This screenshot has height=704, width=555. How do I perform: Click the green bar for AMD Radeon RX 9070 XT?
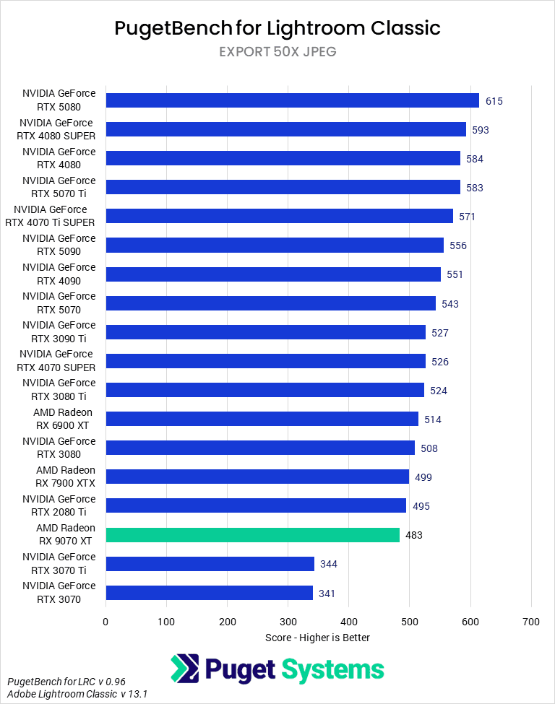coord(252,535)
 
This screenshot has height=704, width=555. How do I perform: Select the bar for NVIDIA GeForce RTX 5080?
coord(292,100)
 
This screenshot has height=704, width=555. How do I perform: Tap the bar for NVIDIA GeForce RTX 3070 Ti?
coord(210,564)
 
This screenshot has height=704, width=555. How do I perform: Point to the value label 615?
coord(494,101)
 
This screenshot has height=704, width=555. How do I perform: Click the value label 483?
coord(414,535)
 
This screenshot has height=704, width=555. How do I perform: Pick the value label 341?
coord(327,594)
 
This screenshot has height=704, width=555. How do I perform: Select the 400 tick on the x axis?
coord(349,621)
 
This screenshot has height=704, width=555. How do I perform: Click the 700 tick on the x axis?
coord(531,621)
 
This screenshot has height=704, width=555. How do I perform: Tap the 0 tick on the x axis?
coord(106,621)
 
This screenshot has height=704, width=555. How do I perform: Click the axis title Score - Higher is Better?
coord(318,638)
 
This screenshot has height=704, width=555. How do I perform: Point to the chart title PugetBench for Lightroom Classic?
coord(277,28)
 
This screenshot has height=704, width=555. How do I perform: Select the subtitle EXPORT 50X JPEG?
coord(277,52)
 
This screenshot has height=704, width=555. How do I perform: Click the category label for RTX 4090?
coord(59,274)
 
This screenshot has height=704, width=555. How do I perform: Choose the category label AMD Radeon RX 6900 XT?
coord(63,419)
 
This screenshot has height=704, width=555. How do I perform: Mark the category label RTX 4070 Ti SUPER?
coord(51,216)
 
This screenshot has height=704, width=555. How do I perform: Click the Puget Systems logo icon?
coord(185,669)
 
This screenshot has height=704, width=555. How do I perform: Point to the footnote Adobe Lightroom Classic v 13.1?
coord(78,694)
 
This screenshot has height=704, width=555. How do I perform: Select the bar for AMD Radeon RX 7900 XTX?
coord(257,477)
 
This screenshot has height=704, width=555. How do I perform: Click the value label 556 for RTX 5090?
coord(458,245)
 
